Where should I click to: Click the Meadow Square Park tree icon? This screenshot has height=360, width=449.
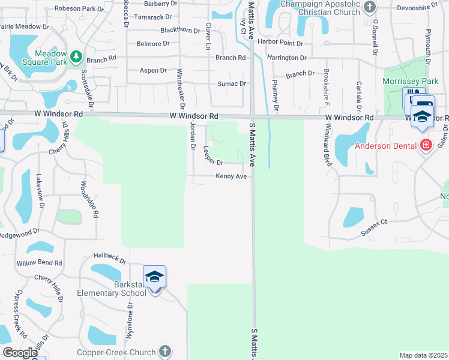point(76,57)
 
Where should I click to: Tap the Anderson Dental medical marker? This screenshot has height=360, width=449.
point(426,145)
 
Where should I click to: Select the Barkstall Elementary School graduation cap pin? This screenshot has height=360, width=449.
point(154,277)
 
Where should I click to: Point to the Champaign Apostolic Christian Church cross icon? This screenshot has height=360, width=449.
point(369,7)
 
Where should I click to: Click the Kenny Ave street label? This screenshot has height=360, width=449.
point(231,176)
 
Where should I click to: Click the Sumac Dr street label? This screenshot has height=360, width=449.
point(232,83)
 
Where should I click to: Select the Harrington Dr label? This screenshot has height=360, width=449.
point(287,58)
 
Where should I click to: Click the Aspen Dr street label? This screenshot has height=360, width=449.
point(152,70)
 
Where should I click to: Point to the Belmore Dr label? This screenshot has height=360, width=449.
point(149,44)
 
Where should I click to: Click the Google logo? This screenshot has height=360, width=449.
point(20,353)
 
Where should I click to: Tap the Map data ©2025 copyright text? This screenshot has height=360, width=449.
point(424,356)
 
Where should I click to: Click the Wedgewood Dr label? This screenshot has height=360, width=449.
point(19,232)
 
